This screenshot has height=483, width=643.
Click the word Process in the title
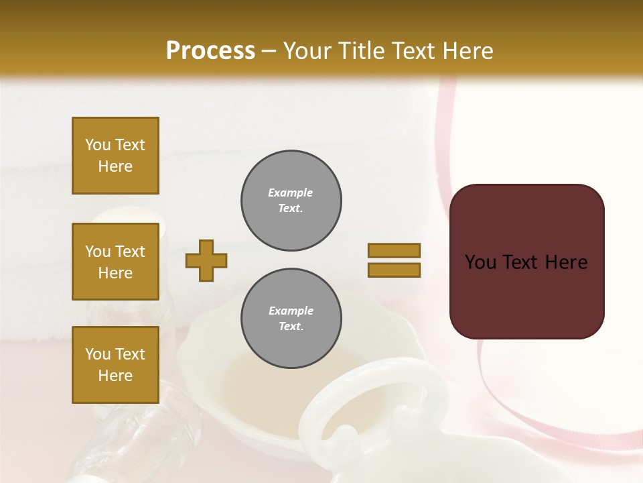tap(210, 51)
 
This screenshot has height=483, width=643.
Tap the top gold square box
tap(115, 156)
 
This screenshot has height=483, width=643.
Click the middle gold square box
tap(115, 262)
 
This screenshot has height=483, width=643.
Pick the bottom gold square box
tap(115, 365)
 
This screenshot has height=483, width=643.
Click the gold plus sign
tap(206, 260)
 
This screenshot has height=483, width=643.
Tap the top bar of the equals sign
tap(394, 250)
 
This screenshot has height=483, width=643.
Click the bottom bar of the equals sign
tap(394, 270)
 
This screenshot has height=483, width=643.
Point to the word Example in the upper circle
tap(291, 193)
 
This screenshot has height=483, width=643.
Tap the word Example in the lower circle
tap(291, 311)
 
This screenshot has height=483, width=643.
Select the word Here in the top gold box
tap(115, 166)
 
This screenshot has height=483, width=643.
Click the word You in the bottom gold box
tap(98, 354)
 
